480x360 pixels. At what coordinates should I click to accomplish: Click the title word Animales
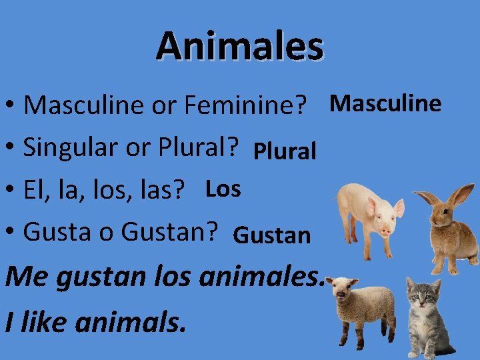pos(240,46)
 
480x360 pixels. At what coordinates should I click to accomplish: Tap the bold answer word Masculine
pos(386,103)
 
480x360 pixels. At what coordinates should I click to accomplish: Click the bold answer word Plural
pos(285,151)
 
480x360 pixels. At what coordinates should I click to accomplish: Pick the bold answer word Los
pos(223,189)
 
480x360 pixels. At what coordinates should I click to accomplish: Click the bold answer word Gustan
pos(273,235)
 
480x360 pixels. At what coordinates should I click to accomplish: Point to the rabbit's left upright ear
pos(427,200)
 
